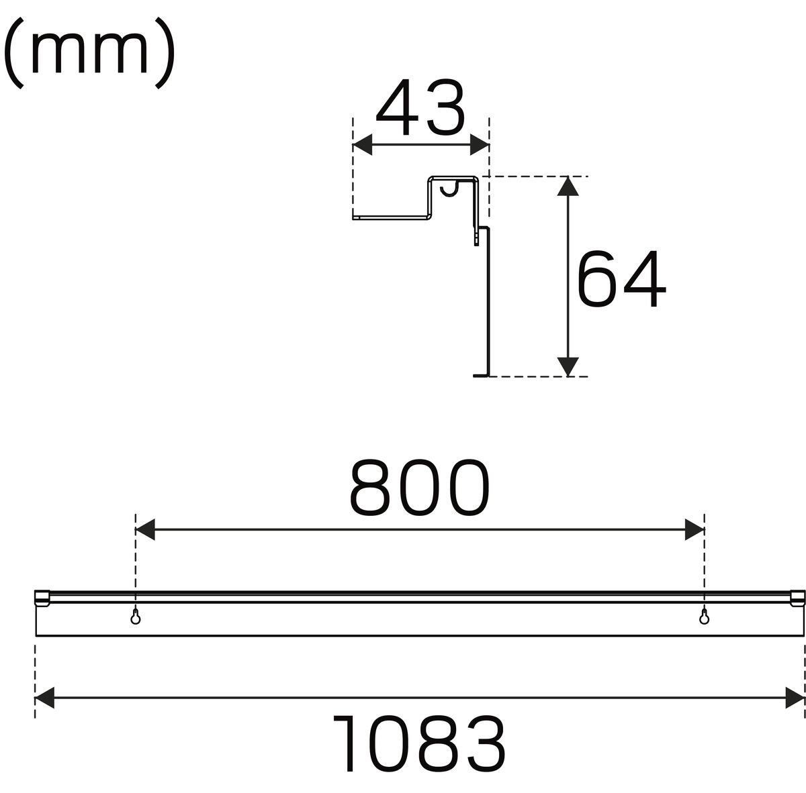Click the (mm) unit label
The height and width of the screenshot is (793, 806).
pos(89,52)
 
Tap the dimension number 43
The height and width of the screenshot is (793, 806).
pos(420,107)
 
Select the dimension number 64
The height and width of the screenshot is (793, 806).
pos(621,278)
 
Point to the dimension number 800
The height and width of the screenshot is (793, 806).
pos(420,487)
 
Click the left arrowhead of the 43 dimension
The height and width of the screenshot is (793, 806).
pos(362,144)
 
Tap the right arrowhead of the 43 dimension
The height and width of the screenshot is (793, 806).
pos(480,144)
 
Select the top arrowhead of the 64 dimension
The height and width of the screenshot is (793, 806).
pos(568,186)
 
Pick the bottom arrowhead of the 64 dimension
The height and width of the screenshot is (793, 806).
pos(568,367)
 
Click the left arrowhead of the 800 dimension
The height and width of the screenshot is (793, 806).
pos(144,529)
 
